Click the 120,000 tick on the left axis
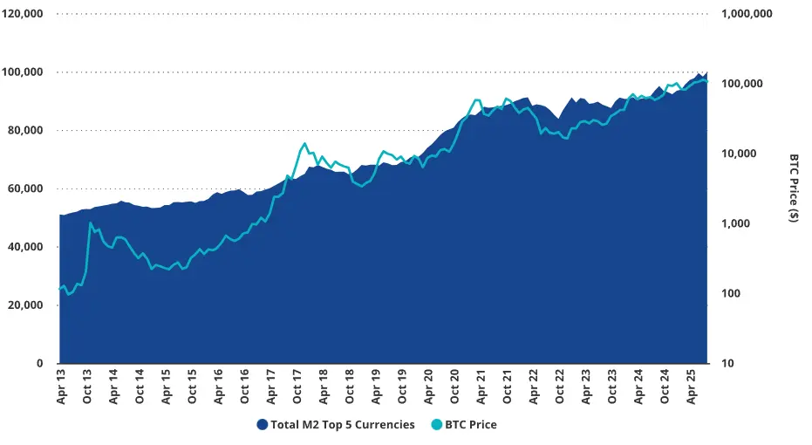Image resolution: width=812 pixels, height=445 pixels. [24, 14]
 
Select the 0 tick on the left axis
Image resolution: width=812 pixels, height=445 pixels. [39, 363]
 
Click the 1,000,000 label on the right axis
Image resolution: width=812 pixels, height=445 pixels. [747, 14]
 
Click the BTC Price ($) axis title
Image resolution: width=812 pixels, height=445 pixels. [794, 188]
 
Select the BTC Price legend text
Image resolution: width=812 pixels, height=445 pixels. [470, 425]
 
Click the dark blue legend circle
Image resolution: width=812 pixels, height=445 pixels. [262, 425]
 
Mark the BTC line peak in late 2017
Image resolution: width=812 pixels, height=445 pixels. [304, 144]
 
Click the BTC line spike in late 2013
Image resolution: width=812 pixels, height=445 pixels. [91, 223]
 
